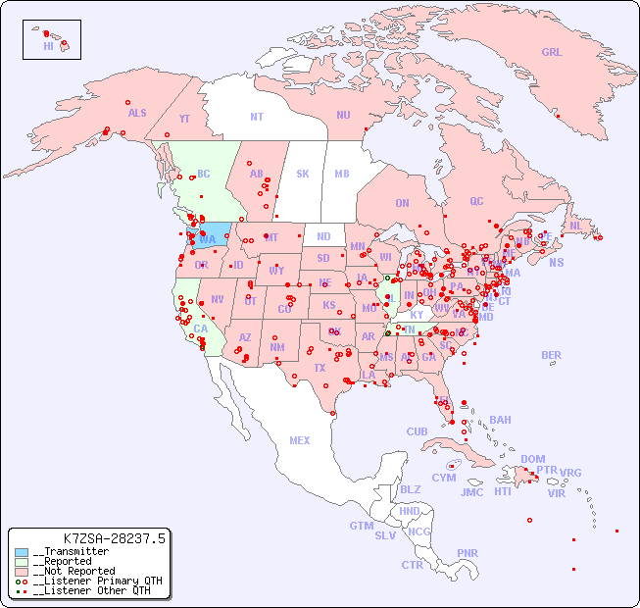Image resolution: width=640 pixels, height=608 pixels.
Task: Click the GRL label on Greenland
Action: (552, 53)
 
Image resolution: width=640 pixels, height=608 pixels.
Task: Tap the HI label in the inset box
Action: (48, 46)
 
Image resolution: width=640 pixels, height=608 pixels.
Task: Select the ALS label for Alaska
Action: (137, 113)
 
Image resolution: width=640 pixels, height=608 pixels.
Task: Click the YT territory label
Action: (184, 119)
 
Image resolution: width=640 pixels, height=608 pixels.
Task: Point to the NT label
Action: (257, 117)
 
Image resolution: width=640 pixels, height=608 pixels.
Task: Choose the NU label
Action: (343, 115)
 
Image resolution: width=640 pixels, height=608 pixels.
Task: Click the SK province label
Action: (303, 174)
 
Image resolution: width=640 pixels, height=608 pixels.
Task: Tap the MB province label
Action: (342, 174)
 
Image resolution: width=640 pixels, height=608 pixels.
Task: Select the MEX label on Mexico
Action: (300, 440)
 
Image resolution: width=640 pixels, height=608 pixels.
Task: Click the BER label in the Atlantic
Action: (551, 356)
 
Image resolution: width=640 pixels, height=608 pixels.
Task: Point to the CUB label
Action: (417, 431)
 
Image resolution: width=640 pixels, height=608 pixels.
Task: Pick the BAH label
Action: (500, 420)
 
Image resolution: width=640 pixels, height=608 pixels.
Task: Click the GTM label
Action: (361, 526)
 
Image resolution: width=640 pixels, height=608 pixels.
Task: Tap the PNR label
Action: (468, 553)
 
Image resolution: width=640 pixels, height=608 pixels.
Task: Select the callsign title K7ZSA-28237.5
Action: (114, 537)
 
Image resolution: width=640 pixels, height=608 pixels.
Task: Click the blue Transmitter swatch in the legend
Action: (22, 552)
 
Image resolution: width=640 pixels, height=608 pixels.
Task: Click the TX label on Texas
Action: (319, 368)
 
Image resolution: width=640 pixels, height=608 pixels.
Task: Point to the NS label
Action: (556, 262)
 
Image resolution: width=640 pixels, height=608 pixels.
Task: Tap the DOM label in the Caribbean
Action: (532, 459)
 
